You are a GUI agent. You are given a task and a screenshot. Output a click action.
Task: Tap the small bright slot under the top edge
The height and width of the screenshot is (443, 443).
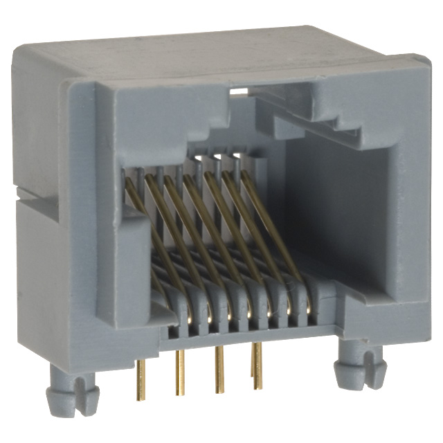(x=239, y=90)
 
